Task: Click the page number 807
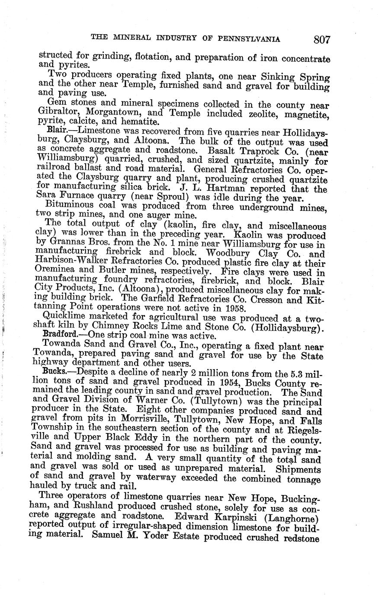[322, 40]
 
